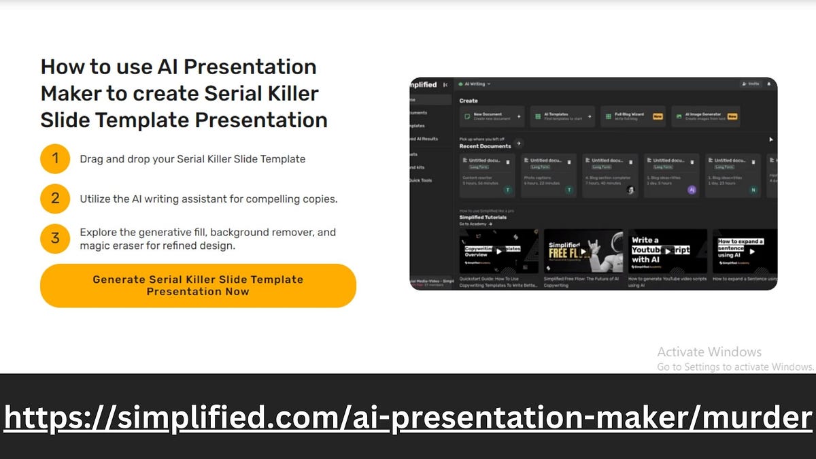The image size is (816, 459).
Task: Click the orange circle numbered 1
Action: (x=55, y=159)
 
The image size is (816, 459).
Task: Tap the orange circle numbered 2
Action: (x=55, y=199)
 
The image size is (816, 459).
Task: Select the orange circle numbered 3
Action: (x=55, y=238)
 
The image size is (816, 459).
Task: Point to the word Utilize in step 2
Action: (x=96, y=199)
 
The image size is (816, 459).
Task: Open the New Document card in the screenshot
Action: (x=491, y=116)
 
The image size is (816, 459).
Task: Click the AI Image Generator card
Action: (x=705, y=116)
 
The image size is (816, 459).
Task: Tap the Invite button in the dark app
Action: (x=750, y=84)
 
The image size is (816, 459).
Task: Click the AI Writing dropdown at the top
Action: (x=475, y=84)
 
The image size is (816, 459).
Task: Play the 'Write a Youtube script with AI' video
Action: (x=667, y=251)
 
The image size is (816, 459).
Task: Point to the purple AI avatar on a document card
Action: (x=692, y=190)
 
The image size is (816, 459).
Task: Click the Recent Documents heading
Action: (x=485, y=146)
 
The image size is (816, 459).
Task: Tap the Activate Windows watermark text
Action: (x=709, y=352)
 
